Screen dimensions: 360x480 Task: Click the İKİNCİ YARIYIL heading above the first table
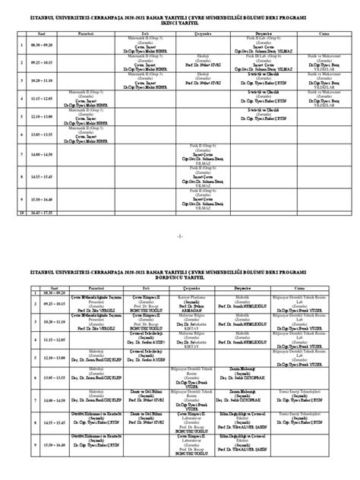pos(180,22)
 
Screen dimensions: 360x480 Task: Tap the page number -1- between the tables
pos(180,238)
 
